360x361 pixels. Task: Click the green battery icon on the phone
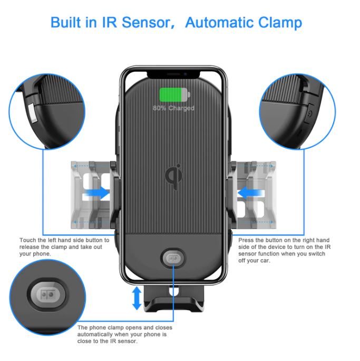click(x=173, y=95)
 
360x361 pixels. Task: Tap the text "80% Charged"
click(x=173, y=108)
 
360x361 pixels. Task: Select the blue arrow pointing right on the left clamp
click(x=99, y=193)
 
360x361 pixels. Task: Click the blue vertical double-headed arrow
click(x=137, y=298)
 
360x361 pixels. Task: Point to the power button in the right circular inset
click(x=309, y=113)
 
